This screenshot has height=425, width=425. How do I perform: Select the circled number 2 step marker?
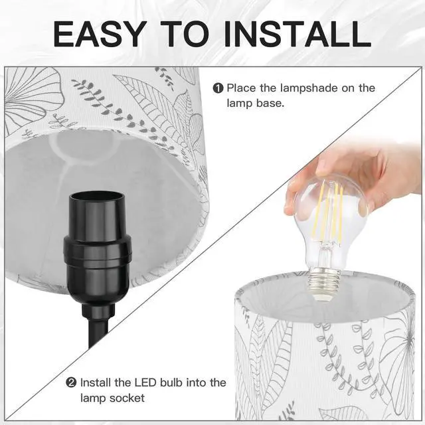tap(71, 382)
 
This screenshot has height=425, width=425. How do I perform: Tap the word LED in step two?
tap(137, 382)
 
